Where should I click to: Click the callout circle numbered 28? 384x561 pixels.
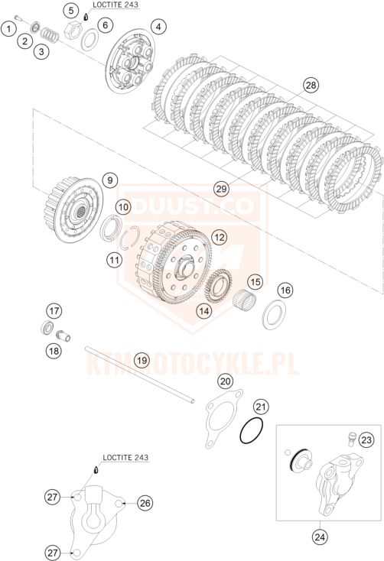[x=311, y=85]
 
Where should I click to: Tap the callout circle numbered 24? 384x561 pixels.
[x=320, y=537]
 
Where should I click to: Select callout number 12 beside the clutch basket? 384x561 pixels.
[x=220, y=237]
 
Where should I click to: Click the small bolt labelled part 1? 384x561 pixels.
[x=18, y=18]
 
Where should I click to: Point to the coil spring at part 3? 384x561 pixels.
[x=50, y=34]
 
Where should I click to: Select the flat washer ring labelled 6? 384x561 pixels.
[x=89, y=39]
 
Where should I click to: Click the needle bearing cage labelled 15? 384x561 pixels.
[x=244, y=299]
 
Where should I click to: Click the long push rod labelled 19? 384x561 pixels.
[x=140, y=375]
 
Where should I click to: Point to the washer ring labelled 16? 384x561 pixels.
[x=274, y=315]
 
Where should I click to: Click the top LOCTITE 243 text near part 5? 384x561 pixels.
[x=115, y=5]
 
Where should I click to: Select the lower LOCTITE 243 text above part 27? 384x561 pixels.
[x=125, y=458]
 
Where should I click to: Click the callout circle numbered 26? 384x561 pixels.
[x=145, y=503]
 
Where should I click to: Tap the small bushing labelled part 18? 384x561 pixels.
[x=63, y=336]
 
